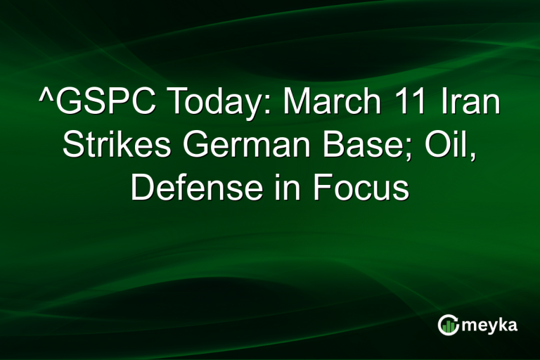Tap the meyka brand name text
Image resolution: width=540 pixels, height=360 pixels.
click(491, 325)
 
